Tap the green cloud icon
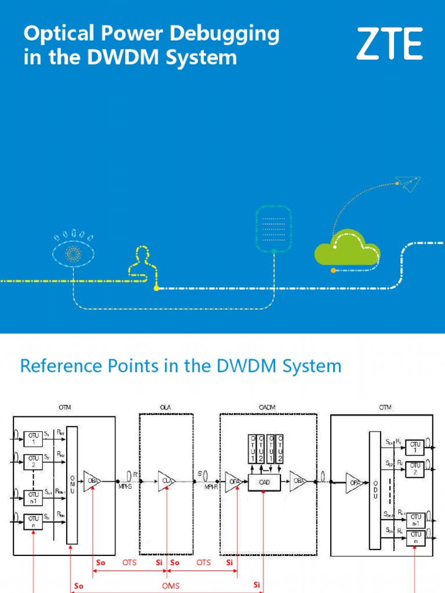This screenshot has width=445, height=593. [347, 250]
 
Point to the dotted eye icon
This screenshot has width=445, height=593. [72, 252]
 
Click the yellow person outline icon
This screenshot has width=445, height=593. [140, 263]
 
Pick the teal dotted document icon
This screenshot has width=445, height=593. [274, 228]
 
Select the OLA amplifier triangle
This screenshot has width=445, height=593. [167, 480]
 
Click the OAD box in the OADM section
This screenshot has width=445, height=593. [263, 481]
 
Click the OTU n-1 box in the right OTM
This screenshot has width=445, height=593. [414, 519]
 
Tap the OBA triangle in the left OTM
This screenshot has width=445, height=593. [93, 480]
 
